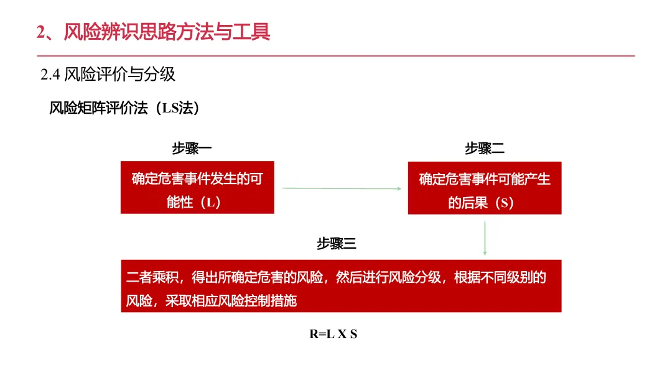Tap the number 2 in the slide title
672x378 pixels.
[41, 32]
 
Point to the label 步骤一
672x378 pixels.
[192, 149]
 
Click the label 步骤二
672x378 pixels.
[484, 149]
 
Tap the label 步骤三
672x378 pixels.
[336, 244]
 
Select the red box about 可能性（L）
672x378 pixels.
[197, 188]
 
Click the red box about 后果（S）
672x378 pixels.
[485, 188]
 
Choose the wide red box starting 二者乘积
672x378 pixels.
[341, 286]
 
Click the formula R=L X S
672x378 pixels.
[334, 334]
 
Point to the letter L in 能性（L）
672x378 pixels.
[210, 203]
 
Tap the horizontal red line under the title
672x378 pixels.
[336, 56]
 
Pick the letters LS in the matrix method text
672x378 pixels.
[170, 108]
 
